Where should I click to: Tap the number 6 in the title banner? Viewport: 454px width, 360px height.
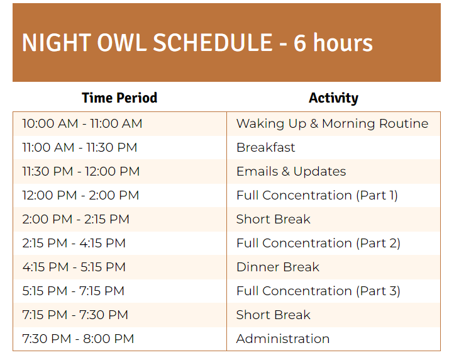tap(300, 43)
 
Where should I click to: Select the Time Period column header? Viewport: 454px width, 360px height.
tap(119, 98)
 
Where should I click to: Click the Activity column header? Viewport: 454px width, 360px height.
tap(333, 98)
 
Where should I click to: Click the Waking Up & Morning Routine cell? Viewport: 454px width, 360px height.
tap(333, 124)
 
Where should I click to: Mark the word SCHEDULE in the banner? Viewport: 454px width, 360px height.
tap(213, 43)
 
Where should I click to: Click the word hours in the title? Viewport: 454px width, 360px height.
tap(343, 43)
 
